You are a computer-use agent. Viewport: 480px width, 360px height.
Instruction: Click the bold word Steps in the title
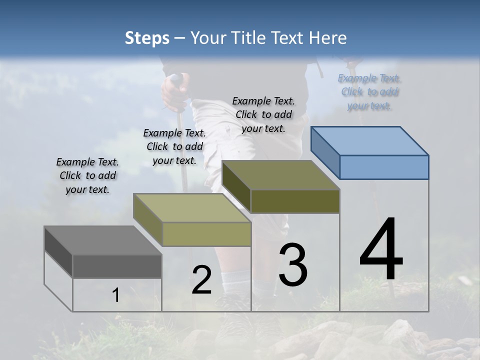(146, 38)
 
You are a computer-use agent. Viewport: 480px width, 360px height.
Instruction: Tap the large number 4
(381, 250)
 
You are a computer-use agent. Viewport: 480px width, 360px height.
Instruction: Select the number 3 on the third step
(293, 265)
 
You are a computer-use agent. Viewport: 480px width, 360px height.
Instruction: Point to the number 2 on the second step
(202, 280)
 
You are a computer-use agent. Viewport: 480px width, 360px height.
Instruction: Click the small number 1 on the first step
(116, 295)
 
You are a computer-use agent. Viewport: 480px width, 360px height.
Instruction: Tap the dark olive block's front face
(295, 201)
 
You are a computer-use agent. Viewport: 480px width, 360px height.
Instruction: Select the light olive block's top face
(192, 207)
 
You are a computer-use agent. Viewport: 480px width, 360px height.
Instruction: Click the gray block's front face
(117, 266)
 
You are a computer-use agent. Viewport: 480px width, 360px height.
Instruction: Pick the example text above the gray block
(87, 175)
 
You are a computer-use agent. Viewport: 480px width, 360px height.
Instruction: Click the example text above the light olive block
(174, 146)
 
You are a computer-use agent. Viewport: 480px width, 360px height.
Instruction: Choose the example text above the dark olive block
(263, 114)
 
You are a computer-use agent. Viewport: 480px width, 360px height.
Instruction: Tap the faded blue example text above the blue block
(369, 92)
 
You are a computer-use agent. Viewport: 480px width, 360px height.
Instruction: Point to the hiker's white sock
(235, 282)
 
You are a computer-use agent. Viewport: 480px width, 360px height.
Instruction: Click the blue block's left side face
(325, 152)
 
